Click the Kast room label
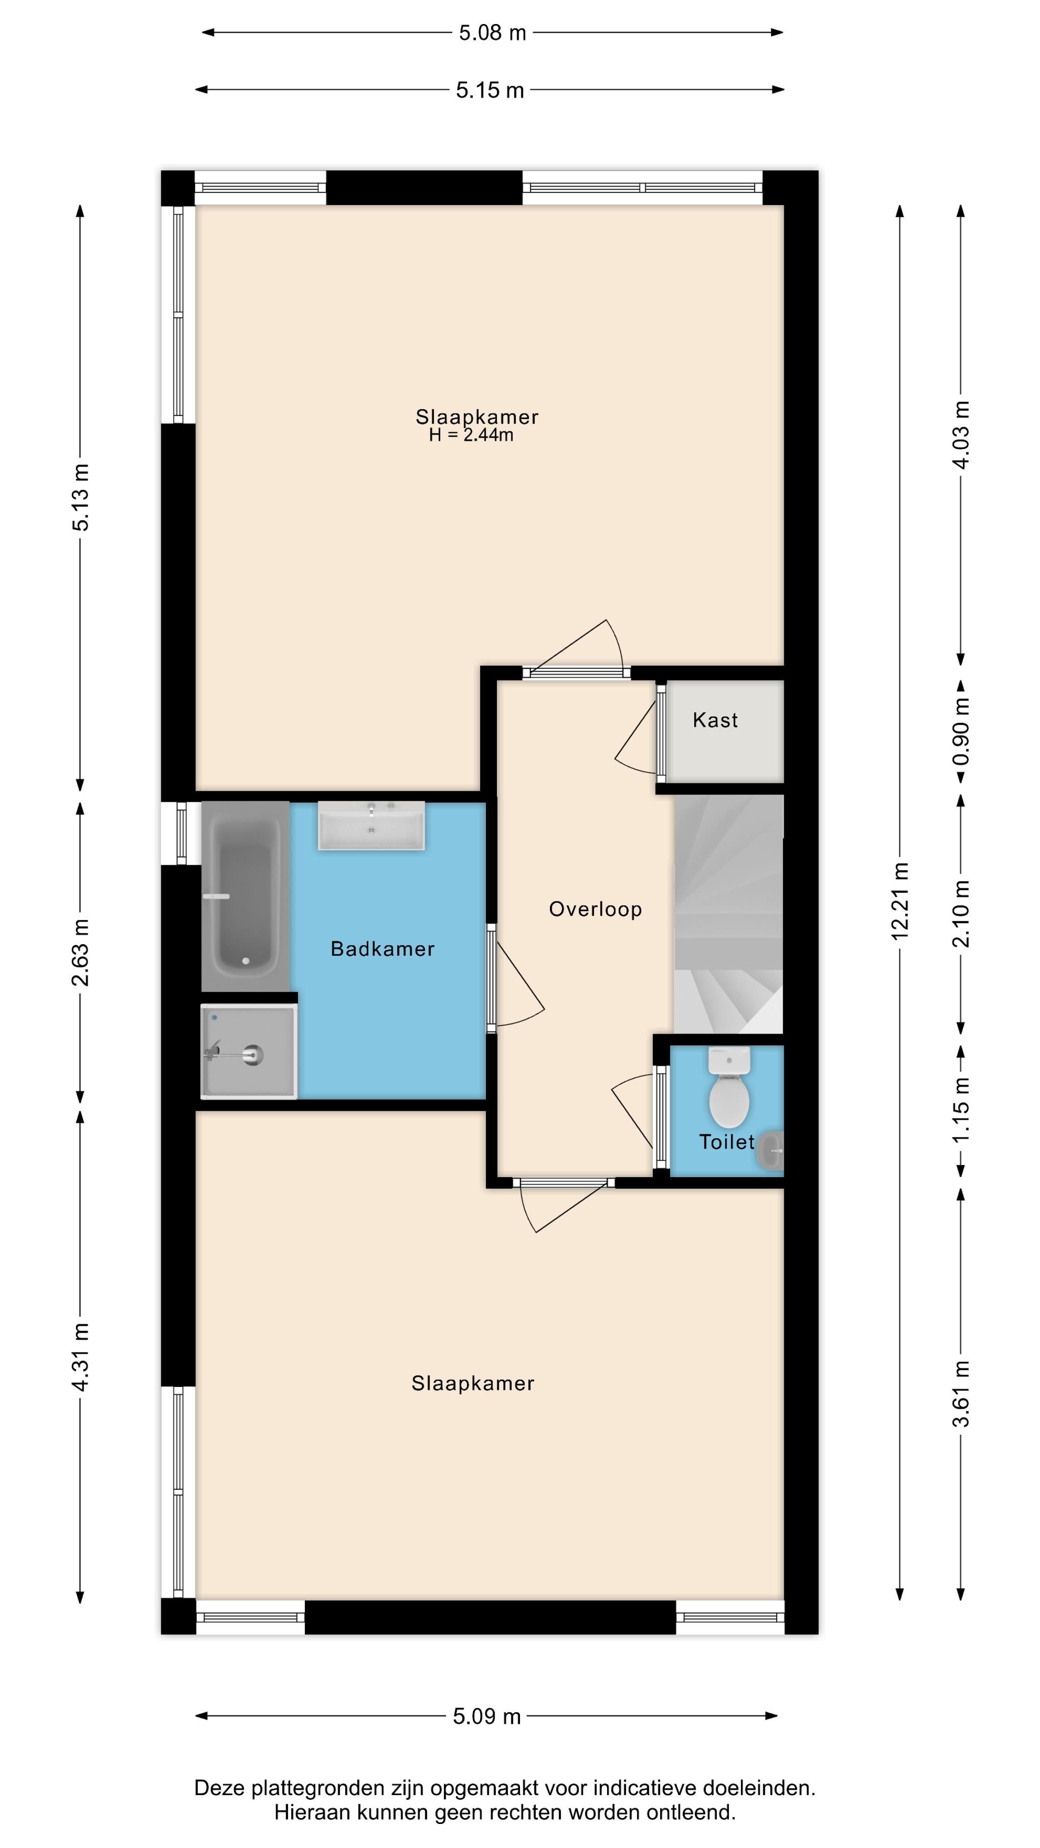click(x=715, y=720)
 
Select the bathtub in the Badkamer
click(x=246, y=897)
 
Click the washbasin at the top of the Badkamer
click(x=371, y=826)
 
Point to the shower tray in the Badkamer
click(x=248, y=1052)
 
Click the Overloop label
click(x=595, y=910)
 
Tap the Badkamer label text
click(x=383, y=949)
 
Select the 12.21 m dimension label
click(x=900, y=901)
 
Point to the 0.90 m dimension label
click(x=961, y=731)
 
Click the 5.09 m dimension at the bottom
click(x=487, y=1717)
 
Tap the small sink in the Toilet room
click(x=771, y=1152)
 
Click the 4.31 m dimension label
click(x=80, y=1358)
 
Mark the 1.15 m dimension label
click(x=961, y=1110)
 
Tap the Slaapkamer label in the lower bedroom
click(x=473, y=1384)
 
